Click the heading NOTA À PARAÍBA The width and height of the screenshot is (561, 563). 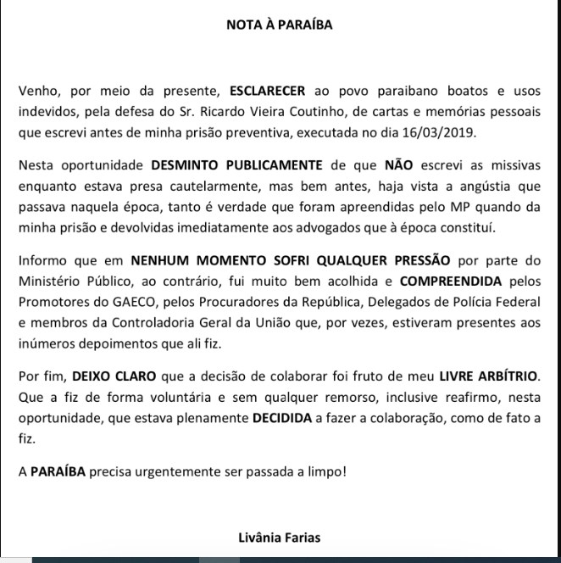[280, 25]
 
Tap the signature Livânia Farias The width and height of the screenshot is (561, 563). [280, 537]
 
